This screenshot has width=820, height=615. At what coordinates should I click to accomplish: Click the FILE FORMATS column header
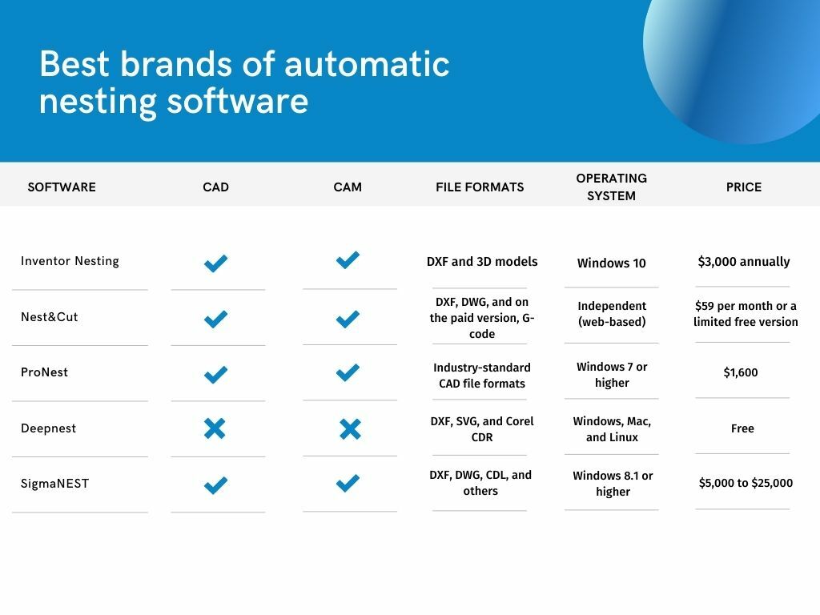[480, 187]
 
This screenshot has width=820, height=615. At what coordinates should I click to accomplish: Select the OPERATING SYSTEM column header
[611, 187]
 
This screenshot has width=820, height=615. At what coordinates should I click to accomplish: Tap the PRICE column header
[743, 187]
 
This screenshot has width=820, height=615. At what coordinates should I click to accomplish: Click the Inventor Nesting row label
[70, 261]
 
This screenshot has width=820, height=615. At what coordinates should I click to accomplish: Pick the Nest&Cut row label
[50, 316]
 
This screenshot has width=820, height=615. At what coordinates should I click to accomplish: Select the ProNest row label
[45, 372]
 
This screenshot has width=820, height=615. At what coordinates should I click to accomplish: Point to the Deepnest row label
[48, 428]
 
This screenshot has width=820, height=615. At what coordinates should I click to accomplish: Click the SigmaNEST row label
[54, 484]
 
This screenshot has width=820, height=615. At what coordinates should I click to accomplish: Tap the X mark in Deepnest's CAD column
[215, 428]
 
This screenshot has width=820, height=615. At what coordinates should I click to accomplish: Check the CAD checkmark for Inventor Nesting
[215, 263]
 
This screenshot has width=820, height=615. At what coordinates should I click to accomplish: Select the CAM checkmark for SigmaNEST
[348, 483]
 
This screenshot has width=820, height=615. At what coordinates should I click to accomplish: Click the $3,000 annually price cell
[743, 262]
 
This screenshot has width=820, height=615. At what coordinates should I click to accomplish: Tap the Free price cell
[742, 428]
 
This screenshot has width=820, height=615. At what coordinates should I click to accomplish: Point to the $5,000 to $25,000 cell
[746, 483]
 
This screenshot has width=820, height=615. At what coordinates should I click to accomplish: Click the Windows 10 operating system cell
[611, 263]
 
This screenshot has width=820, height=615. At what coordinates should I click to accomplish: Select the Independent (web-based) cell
[611, 314]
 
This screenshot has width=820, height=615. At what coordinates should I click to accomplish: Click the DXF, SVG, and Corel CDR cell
[481, 429]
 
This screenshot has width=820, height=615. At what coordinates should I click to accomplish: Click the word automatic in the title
[367, 64]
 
